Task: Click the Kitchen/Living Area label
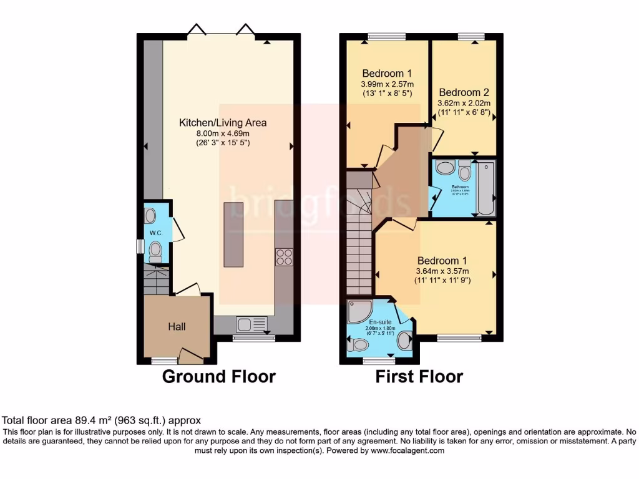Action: pos(223,123)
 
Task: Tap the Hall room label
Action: pos(177,326)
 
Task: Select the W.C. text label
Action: pos(155,233)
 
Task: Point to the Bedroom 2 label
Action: pos(464,92)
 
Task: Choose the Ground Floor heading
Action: pos(218,377)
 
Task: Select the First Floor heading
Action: pos(419,377)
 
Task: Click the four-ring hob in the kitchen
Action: pos(284,257)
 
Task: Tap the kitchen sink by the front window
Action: pos(245,324)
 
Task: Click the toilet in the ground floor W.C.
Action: pos(155,251)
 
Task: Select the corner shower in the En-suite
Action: pos(358,311)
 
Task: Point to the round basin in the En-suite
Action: pos(404,341)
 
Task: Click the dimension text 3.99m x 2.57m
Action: pos(387,84)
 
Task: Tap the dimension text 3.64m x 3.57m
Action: pos(442,271)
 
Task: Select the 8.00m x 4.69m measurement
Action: pos(223,133)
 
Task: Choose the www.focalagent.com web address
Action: pos(407,450)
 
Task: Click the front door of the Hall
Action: pos(191,357)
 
